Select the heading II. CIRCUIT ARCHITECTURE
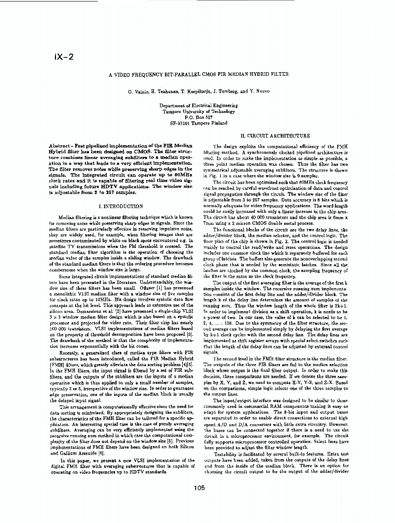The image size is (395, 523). click(275, 136)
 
